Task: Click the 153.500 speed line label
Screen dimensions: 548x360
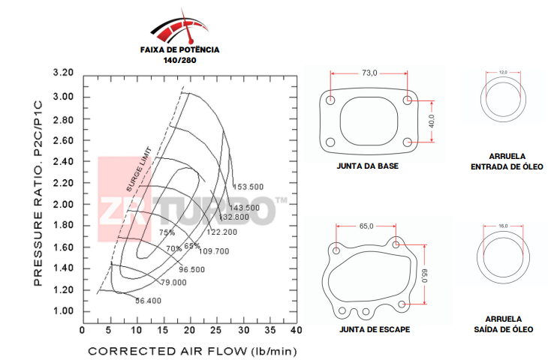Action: click(x=248, y=187)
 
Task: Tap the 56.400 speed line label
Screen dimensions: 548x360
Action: click(x=149, y=301)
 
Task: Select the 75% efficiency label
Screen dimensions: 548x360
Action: click(x=167, y=232)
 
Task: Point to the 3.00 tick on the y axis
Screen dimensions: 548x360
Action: click(x=63, y=97)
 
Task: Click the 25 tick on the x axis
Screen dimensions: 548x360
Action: click(x=216, y=330)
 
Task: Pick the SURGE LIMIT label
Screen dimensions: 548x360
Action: click(x=139, y=169)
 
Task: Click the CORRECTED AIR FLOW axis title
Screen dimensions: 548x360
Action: click(x=192, y=351)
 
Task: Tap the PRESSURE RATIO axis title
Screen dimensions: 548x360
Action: click(x=38, y=193)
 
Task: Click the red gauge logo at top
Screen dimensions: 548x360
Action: click(x=180, y=27)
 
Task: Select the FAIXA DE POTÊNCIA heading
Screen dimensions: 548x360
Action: click(x=180, y=50)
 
